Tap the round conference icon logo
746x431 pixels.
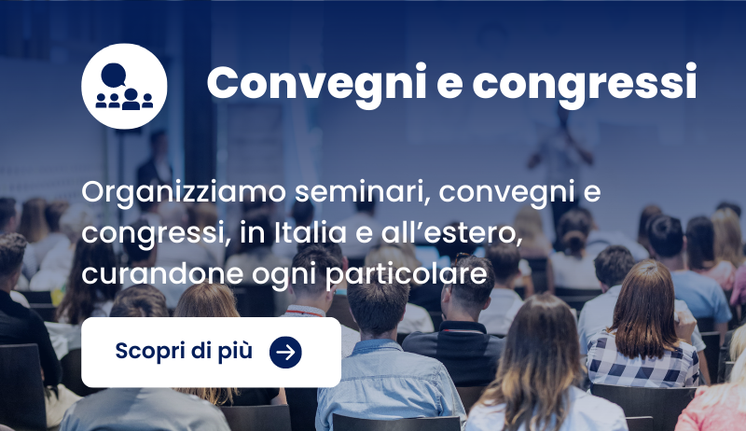124,86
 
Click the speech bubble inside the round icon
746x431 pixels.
114,76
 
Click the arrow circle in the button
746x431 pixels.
285,352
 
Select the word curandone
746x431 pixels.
162,274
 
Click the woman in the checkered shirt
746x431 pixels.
643,328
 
